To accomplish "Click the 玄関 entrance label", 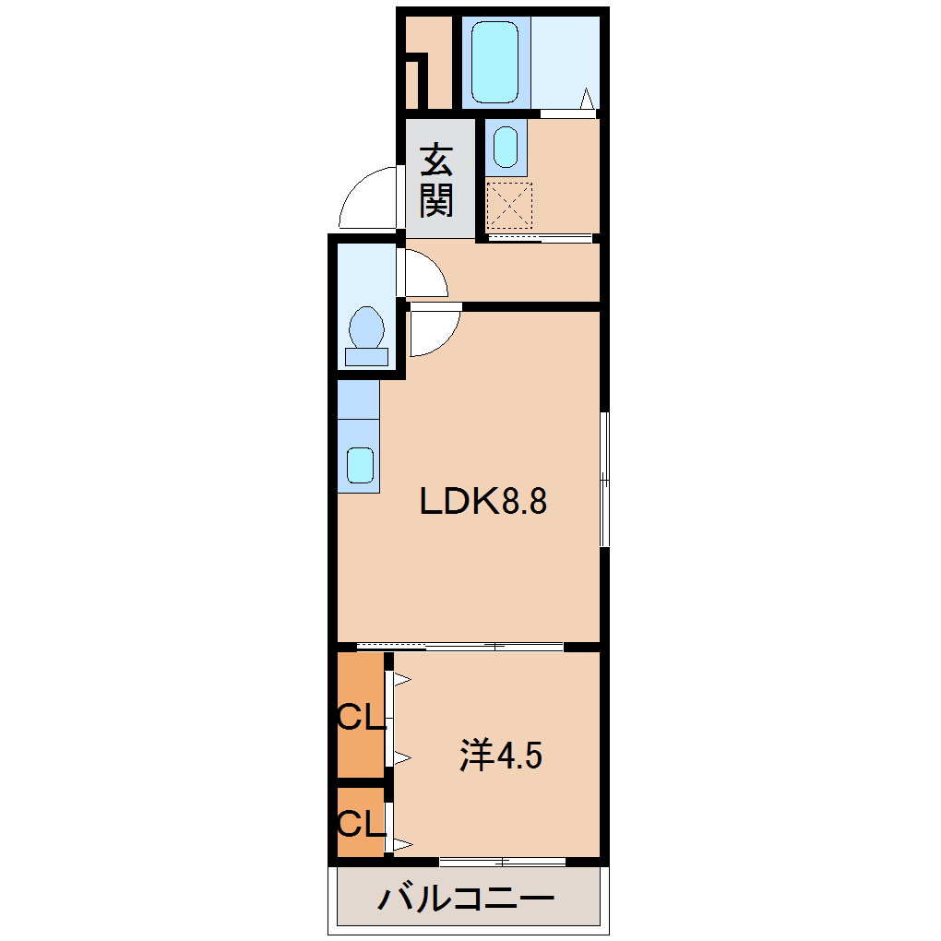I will [437, 181].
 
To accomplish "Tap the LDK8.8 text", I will [484, 503].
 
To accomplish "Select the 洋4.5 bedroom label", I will [501, 756].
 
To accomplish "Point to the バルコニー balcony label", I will [467, 898].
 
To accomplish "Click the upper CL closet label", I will [360, 716].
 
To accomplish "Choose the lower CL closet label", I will [360, 822].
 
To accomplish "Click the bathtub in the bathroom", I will [495, 62].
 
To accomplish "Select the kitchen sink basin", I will [359, 465].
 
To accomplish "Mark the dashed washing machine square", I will [510, 205].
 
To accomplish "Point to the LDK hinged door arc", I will [434, 332].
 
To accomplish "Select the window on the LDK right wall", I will [604, 480].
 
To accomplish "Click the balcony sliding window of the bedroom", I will [503, 862].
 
